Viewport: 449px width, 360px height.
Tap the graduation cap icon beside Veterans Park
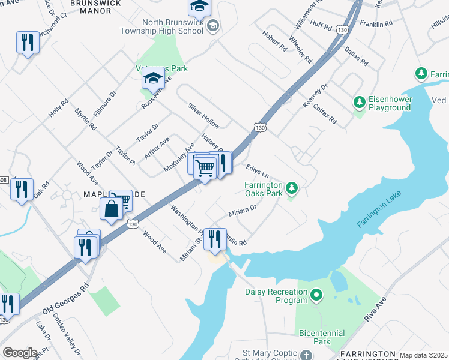click(x=154, y=79)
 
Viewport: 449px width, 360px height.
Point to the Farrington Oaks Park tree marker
click(x=292, y=189)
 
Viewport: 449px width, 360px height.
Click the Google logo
click(x=20, y=353)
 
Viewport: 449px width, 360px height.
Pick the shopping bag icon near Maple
click(x=112, y=209)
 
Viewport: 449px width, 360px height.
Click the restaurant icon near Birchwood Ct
click(x=27, y=42)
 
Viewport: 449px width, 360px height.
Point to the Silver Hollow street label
click(x=203, y=115)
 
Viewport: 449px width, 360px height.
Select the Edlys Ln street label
click(x=256, y=171)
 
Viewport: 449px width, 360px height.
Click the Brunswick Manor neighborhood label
click(x=95, y=4)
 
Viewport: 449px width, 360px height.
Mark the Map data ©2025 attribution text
click(x=424, y=355)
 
